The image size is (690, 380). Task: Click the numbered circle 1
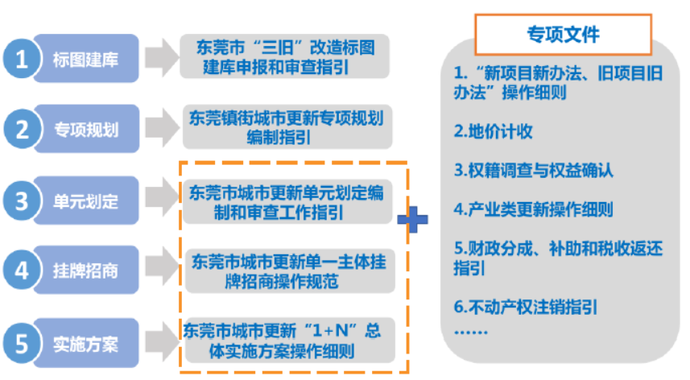(x=22, y=59)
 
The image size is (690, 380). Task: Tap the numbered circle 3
(x=22, y=201)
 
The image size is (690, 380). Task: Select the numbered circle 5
(x=22, y=344)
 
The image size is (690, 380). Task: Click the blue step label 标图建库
(x=86, y=59)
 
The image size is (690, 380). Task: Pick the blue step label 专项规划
(x=86, y=129)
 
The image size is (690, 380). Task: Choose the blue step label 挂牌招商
(x=86, y=270)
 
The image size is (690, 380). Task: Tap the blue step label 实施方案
(x=86, y=344)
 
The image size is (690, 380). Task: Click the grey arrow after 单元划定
(x=162, y=196)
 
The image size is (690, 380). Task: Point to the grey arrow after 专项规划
(x=162, y=127)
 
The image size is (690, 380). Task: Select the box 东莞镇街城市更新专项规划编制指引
(x=287, y=127)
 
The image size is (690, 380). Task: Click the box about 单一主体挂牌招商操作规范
(x=290, y=271)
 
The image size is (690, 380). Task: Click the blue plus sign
(x=412, y=219)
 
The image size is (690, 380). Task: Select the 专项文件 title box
(x=563, y=35)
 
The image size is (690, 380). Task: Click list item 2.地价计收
(x=493, y=131)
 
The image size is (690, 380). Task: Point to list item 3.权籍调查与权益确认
(x=533, y=170)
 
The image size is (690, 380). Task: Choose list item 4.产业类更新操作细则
(x=533, y=209)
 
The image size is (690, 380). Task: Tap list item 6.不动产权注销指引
(x=526, y=307)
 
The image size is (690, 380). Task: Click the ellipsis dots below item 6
(x=470, y=332)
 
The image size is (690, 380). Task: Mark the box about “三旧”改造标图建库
(x=285, y=56)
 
